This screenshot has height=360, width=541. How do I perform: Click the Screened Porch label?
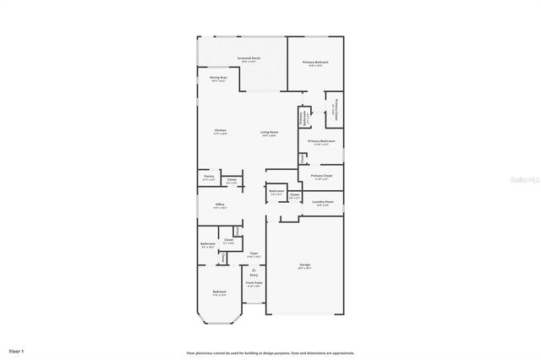click(x=250, y=59)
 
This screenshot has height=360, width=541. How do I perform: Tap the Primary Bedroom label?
click(x=316, y=63)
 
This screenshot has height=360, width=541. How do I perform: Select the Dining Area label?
click(x=218, y=78)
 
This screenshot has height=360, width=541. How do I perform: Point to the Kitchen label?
click(x=220, y=131)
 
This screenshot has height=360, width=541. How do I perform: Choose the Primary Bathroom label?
click(x=321, y=142)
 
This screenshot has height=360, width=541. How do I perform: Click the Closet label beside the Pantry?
click(x=231, y=180)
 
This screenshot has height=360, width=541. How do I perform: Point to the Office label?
click(x=220, y=205)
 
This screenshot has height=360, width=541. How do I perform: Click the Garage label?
click(x=304, y=265)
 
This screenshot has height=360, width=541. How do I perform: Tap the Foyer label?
click(x=254, y=254)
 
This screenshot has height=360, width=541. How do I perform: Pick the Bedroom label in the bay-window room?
click(x=220, y=293)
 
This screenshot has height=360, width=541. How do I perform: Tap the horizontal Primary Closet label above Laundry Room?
click(x=323, y=177)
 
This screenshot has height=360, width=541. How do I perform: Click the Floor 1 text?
click(x=17, y=350)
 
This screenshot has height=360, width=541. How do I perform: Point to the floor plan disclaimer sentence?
click(x=270, y=352)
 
